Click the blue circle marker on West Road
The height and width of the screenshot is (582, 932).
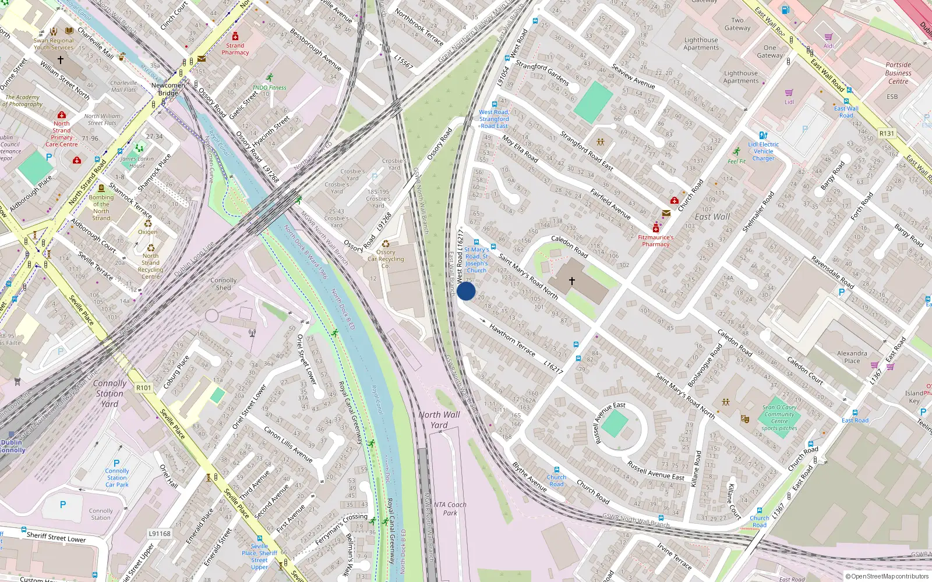coord(466,291)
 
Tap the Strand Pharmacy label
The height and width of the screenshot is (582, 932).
coord(235,49)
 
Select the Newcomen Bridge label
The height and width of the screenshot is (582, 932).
coord(168,89)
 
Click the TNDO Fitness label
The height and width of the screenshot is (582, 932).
coord(269,88)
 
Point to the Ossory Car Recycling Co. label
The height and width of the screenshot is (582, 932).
coord(386,259)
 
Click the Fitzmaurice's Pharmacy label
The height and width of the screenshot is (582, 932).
coord(655,241)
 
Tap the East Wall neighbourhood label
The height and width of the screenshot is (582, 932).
coord(712,217)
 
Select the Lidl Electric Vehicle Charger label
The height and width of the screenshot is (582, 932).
coord(763,151)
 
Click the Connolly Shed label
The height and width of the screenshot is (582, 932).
coord(224,283)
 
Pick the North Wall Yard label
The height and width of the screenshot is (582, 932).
coord(439,420)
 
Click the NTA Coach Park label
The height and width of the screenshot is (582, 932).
coord(450,509)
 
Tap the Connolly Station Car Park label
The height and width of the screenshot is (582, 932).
coord(117,478)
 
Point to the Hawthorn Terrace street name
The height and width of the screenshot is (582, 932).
coord(512,340)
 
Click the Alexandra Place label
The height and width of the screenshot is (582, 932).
coord(852,357)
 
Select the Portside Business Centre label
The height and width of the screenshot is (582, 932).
coord(898,73)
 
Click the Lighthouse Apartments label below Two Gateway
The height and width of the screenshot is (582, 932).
coord(701,44)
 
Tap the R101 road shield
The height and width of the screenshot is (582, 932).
coord(143,388)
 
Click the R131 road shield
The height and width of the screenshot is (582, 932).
coord(887,133)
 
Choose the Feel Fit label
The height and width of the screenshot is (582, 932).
coord(736,161)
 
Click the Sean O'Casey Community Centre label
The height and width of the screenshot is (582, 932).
coord(779,418)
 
